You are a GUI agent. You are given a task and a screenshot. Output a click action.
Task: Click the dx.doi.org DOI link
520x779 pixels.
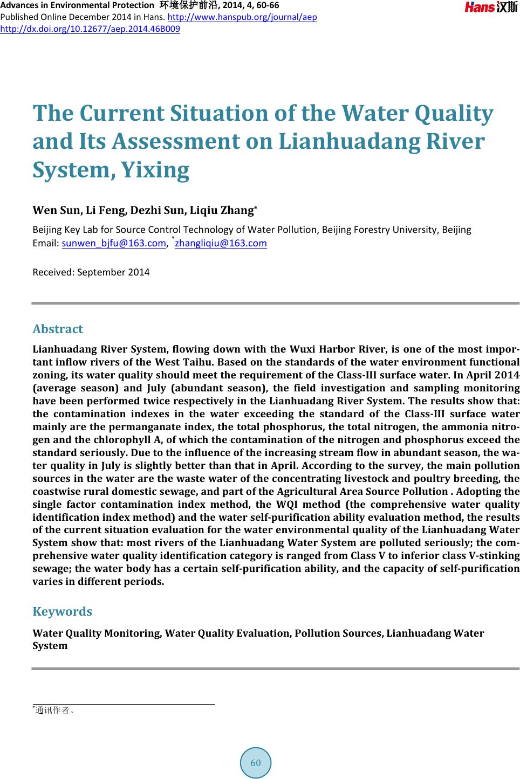pos(90,28)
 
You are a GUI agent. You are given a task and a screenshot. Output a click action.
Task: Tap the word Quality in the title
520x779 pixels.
pos(453,114)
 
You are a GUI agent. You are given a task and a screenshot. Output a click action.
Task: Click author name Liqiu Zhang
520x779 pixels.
pos(221,210)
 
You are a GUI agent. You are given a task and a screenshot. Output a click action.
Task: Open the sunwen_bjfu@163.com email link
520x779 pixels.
pos(114,243)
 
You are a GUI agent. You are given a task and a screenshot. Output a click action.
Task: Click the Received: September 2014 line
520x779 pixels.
pos(91,272)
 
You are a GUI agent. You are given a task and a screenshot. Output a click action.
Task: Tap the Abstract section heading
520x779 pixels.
pos(58,329)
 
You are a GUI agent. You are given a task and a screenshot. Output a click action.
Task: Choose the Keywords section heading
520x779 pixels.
pos(62,611)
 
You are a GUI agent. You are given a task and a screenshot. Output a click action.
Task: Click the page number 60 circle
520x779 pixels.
pos(256,763)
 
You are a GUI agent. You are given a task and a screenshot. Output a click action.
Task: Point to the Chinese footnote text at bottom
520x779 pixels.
pos(54,710)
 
